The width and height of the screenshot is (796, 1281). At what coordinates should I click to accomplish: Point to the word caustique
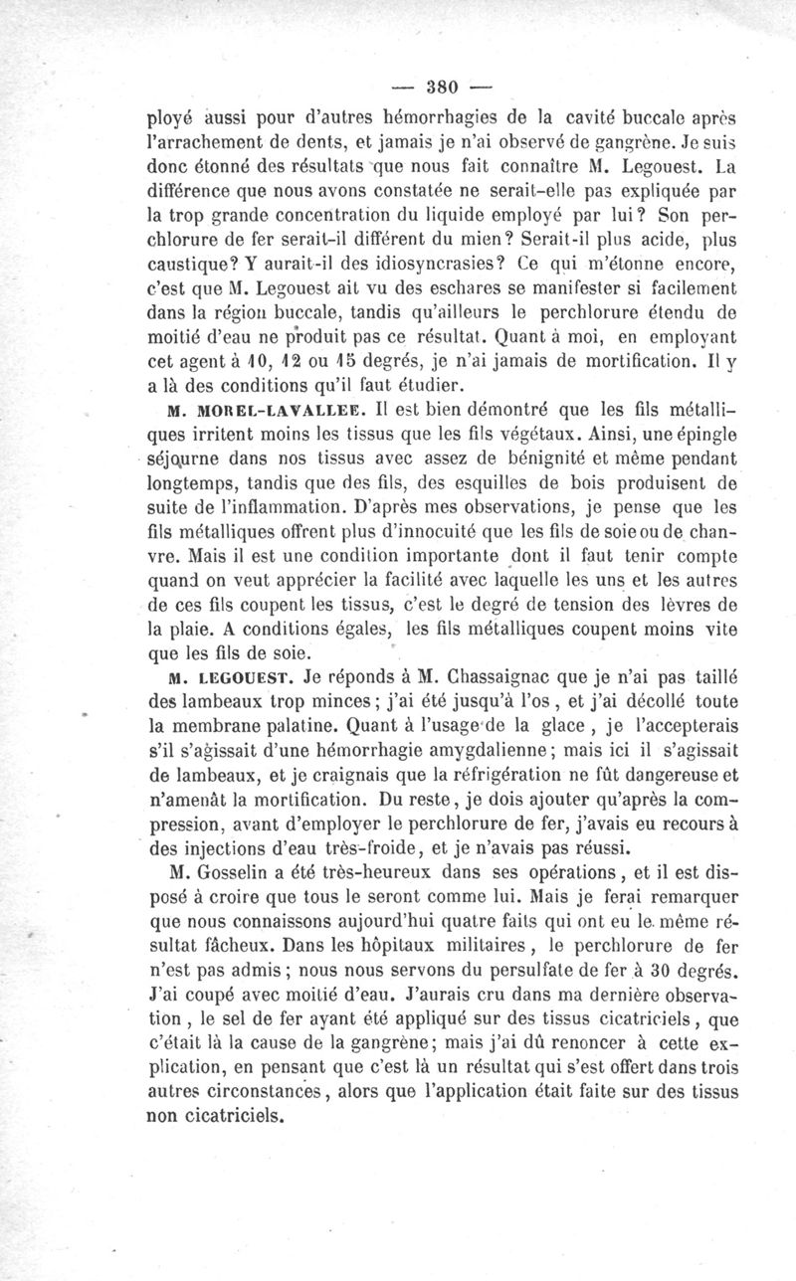193,267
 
